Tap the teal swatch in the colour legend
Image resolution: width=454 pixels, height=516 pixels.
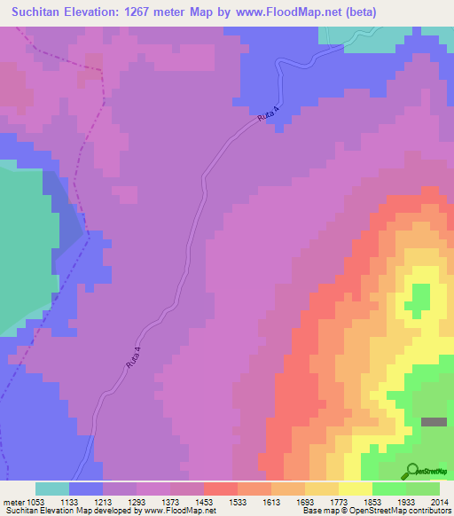(x=51, y=489)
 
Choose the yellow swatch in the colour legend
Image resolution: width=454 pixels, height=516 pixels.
(x=355, y=489)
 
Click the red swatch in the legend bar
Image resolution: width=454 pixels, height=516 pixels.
(x=220, y=489)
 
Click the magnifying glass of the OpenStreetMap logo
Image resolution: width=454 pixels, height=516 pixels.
(x=411, y=470)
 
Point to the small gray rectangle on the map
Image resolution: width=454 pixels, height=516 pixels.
(x=434, y=422)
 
